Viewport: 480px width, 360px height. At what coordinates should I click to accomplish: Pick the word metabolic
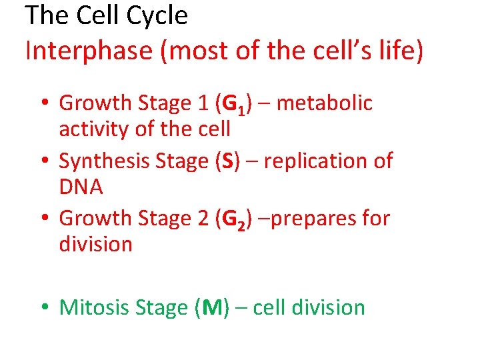click(x=324, y=103)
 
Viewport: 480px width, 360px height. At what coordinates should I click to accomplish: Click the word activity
click(x=94, y=129)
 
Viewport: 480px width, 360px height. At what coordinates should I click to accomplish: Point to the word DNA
click(x=81, y=187)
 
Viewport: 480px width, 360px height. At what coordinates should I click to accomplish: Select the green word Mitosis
click(x=94, y=307)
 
